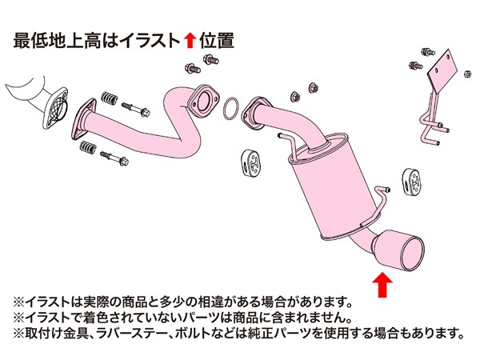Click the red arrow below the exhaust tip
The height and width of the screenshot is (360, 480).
(382, 285)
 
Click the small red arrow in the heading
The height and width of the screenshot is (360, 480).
(190, 41)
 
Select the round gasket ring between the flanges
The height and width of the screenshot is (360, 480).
(231, 110)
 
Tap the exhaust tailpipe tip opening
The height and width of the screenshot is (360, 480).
(413, 254)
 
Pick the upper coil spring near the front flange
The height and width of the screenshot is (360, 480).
(110, 98)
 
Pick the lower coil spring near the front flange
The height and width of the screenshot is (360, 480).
(88, 147)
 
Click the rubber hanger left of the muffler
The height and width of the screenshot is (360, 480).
(251, 163)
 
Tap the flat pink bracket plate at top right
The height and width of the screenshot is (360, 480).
(442, 73)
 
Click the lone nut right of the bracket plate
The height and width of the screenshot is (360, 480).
(467, 74)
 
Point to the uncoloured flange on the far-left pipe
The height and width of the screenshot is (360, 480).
(55, 108)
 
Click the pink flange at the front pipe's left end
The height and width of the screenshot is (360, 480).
(83, 119)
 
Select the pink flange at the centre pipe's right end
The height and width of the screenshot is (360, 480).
(203, 101)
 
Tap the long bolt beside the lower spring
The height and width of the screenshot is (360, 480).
(114, 158)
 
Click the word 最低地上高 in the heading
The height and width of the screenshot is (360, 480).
(58, 41)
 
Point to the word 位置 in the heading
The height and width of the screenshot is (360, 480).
(217, 41)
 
